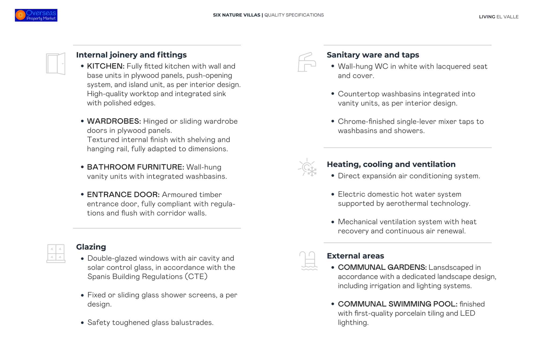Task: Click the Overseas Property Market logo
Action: point(36,15)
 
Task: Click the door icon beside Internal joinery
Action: point(56,64)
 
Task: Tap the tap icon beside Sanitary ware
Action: point(307,62)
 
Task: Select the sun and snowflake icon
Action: point(307,168)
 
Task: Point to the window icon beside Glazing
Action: point(56,253)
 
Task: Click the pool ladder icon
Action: point(309,260)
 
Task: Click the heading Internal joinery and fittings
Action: point(131,55)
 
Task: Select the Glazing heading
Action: point(91,247)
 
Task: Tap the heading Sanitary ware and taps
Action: point(373,55)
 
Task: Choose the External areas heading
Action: point(355,256)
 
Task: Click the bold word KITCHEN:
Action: point(106,66)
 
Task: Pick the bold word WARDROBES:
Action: point(114,121)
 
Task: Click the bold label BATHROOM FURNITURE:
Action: point(135,167)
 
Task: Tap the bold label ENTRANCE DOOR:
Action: point(123,194)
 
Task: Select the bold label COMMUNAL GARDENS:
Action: point(382,267)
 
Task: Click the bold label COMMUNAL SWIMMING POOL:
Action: point(397,304)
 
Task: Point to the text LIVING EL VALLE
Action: point(499,17)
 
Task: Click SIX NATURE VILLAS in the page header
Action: point(236,15)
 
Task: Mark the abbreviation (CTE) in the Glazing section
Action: point(196,277)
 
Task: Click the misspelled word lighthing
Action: point(353,322)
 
